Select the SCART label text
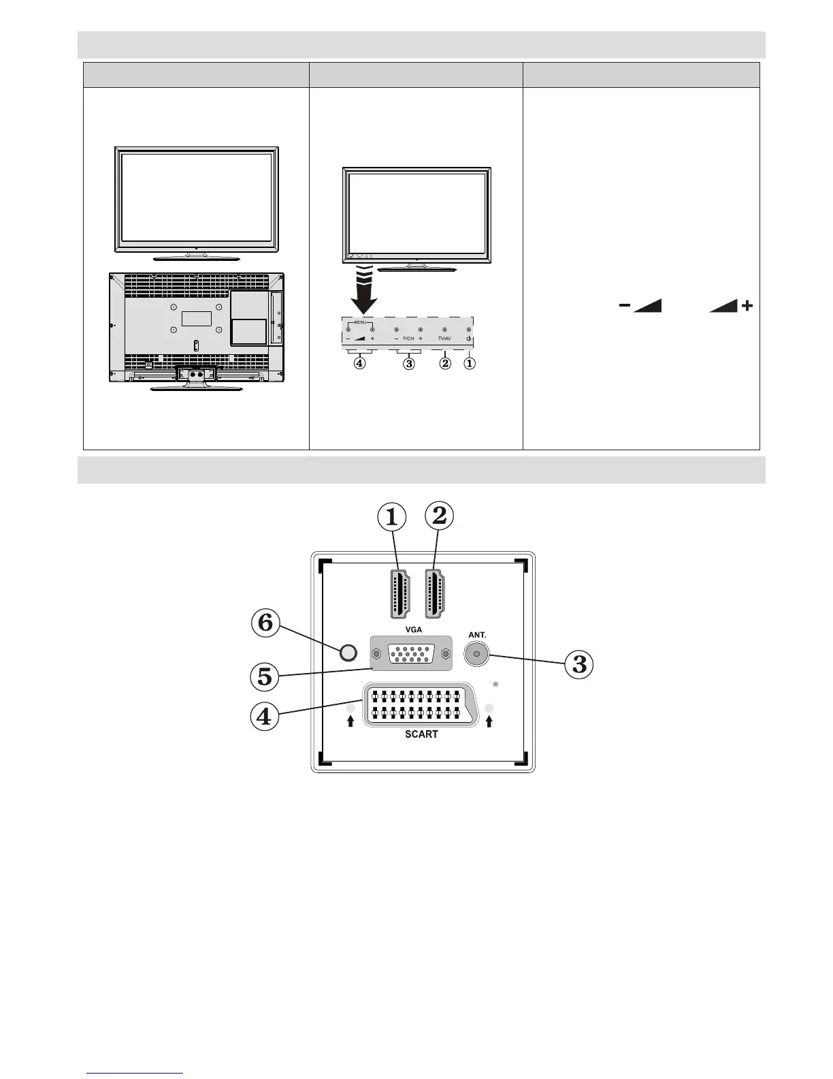421,734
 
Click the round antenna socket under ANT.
476,655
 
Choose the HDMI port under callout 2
435,590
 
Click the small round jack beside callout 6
347,653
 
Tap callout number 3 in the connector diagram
579,664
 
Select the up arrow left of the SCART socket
351,721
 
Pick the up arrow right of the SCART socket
489,721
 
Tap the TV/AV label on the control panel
444,339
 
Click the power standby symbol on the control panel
469,339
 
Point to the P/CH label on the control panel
408,339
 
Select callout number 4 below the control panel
359,364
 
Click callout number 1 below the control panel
470,364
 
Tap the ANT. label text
476,635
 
